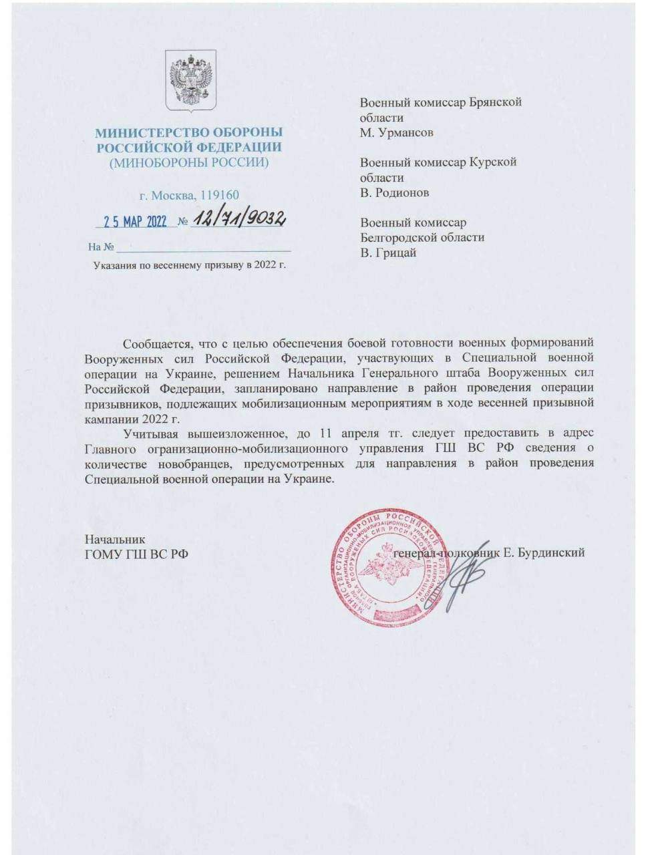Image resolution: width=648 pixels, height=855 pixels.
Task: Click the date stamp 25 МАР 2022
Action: click(135, 222)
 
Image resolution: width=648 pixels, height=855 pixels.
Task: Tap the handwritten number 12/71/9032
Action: click(238, 220)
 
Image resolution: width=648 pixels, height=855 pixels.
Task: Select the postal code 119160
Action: click(219, 196)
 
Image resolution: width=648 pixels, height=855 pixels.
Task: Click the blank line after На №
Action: click(204, 247)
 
